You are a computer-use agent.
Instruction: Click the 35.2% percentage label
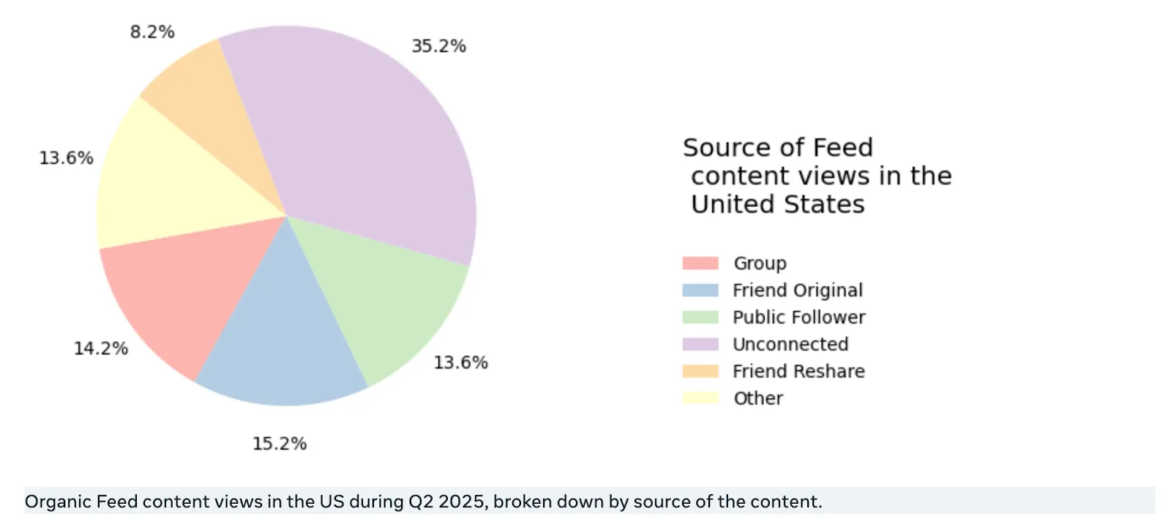[438, 46]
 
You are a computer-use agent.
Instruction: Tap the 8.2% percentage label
[152, 32]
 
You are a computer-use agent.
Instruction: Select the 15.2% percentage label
[280, 444]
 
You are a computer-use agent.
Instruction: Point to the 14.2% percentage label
[101, 349]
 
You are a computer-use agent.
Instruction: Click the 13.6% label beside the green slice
[460, 362]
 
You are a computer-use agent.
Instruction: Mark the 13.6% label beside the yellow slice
[66, 158]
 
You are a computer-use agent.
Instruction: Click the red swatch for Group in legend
[700, 264]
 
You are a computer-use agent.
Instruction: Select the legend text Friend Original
[798, 291]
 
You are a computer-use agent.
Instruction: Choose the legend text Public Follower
[798, 318]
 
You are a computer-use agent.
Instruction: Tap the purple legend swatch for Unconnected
[700, 344]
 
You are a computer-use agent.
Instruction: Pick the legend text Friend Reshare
[798, 372]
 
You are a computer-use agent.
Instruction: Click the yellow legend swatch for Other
[700, 398]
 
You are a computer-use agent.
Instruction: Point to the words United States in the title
[777, 204]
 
